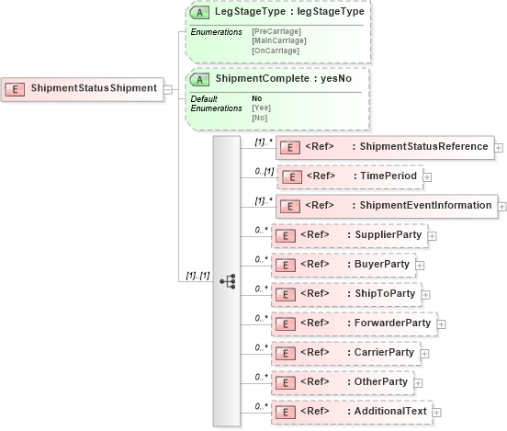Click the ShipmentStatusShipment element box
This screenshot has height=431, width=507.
tap(84, 89)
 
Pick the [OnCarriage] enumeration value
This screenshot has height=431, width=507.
tap(276, 50)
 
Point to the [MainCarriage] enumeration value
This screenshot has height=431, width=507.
tap(278, 40)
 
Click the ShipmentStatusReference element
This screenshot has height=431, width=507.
tap(385, 147)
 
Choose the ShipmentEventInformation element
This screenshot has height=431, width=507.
tap(387, 206)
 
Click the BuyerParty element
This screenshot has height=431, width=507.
tap(344, 265)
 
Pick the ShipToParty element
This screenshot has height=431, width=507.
tap(347, 294)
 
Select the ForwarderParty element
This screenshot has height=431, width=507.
tap(355, 323)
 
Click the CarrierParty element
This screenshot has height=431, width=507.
tap(348, 353)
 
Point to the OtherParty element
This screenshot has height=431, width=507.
tap(344, 382)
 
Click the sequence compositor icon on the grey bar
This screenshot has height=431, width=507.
tap(229, 281)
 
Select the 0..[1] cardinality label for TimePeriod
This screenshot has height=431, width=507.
tap(263, 171)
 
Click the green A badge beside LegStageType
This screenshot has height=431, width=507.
tap(197, 13)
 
